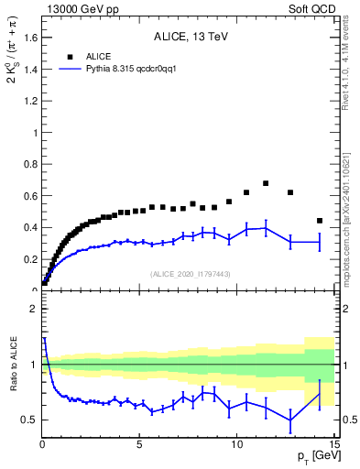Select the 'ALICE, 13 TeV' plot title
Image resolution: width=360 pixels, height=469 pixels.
click(x=190, y=38)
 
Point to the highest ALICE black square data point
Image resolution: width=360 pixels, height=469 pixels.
click(x=266, y=183)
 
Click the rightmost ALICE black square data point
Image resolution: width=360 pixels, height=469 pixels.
click(x=319, y=221)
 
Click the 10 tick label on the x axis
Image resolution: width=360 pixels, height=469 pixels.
click(x=237, y=446)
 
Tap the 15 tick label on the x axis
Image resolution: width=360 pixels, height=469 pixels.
click(x=334, y=446)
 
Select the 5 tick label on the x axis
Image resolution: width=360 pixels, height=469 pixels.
click(x=139, y=446)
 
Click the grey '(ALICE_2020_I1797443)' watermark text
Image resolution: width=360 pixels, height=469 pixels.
click(x=190, y=274)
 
